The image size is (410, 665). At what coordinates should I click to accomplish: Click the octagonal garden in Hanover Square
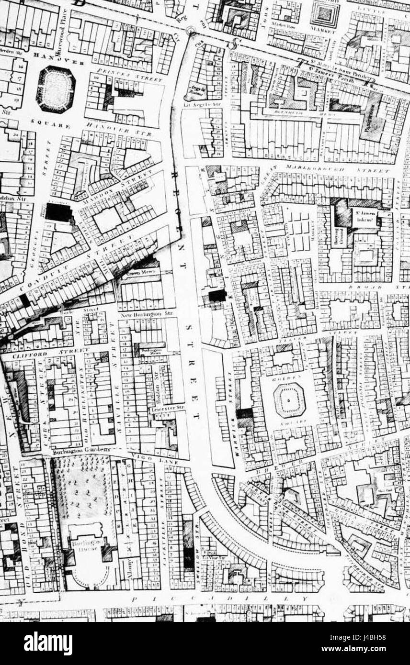(56, 89)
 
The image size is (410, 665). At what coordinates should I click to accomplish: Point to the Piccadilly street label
(218, 598)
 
